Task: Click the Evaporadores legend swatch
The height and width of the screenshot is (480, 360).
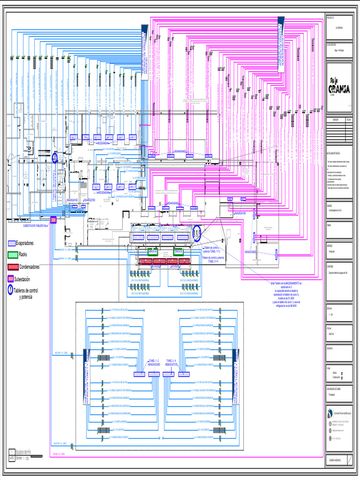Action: tap(12, 243)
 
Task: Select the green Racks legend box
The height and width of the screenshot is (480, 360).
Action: tap(13, 255)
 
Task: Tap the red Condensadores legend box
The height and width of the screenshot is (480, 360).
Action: tap(13, 267)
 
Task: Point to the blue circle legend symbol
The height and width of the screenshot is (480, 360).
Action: tap(10, 291)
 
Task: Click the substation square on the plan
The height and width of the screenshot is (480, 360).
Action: tap(53, 219)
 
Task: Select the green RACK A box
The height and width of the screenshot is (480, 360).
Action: tap(153, 252)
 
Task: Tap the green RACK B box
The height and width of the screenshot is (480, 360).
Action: tap(178, 252)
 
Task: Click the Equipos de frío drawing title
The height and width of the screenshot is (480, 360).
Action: tap(26, 452)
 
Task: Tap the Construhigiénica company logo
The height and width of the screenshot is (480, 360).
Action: tap(338, 413)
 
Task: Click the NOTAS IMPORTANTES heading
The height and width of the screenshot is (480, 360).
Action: tap(334, 153)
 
